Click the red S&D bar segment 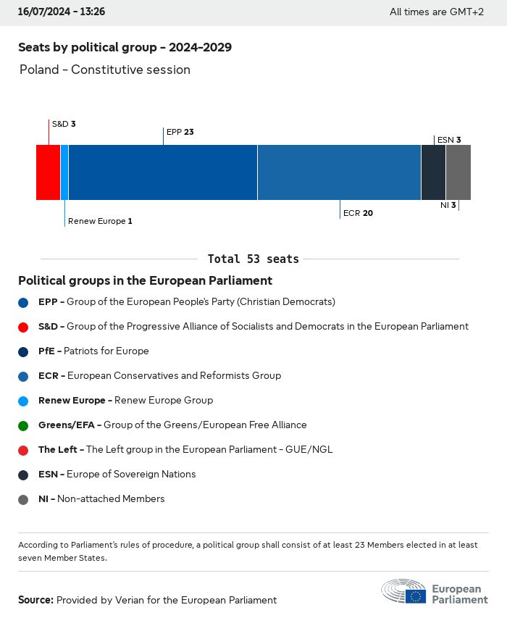(48, 172)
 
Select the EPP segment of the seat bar (162, 172)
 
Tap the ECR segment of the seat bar (339, 172)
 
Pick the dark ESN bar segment (433, 172)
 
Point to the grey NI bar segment (458, 172)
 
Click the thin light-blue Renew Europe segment (64, 172)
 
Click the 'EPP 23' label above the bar (180, 132)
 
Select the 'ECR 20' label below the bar (358, 213)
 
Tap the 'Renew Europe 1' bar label (100, 221)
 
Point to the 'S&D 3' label (64, 124)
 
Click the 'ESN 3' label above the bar (449, 140)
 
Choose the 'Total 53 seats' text (253, 259)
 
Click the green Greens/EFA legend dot (24, 425)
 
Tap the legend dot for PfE (24, 351)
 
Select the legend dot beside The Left (24, 450)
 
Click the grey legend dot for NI (24, 499)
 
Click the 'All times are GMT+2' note (436, 12)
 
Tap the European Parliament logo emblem (405, 591)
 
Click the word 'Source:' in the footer (35, 600)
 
